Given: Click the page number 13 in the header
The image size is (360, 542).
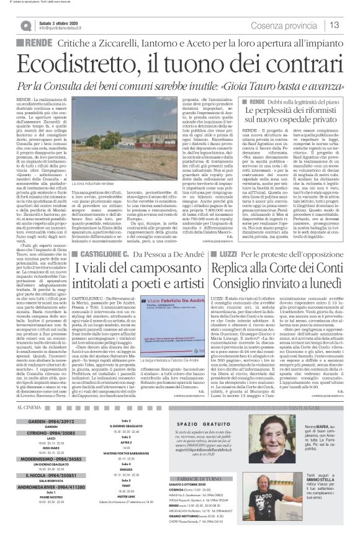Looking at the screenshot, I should coord(351,24).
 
